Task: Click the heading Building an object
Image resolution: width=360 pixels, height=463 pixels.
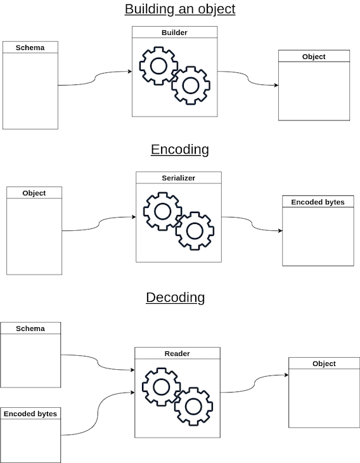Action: [x=180, y=9]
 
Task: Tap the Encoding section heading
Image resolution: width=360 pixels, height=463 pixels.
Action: [x=180, y=150]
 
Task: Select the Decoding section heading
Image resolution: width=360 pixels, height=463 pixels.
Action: [x=176, y=297]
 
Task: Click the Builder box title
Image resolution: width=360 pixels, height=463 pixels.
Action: [x=174, y=32]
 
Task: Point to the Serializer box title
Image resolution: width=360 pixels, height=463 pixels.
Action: [x=179, y=178]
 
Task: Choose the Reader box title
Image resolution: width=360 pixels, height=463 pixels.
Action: [x=177, y=353]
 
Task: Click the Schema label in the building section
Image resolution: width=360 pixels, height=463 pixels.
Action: [x=30, y=48]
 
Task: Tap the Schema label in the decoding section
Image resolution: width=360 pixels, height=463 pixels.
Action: [x=30, y=329]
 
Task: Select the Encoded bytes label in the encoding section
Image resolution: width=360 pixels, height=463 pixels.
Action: [x=318, y=202]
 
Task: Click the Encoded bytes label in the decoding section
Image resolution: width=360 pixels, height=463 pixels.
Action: [x=30, y=414]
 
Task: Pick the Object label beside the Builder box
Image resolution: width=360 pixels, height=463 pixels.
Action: [x=314, y=56]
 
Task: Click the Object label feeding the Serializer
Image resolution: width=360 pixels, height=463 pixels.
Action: [x=34, y=193]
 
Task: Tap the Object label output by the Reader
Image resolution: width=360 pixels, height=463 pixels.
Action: [x=324, y=363]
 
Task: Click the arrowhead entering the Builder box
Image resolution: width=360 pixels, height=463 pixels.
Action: [x=130, y=71]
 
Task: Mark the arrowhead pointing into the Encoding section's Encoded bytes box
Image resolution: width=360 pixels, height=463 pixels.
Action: [x=280, y=231]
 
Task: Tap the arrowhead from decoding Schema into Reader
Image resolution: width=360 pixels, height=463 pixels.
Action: [x=132, y=370]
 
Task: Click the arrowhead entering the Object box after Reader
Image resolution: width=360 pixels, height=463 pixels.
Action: [x=286, y=375]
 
